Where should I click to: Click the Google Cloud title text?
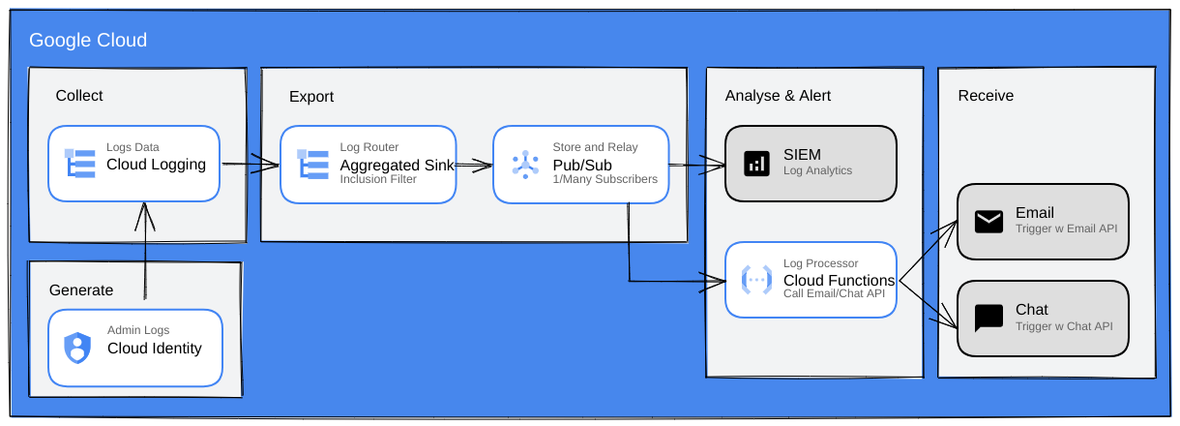click(88, 41)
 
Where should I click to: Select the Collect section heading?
click(79, 96)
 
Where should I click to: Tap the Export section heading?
click(311, 97)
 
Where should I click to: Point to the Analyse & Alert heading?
click(778, 96)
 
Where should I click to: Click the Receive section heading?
click(986, 96)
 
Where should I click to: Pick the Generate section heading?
click(81, 290)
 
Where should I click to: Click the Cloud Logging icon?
click(80, 164)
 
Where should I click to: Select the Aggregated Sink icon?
click(312, 164)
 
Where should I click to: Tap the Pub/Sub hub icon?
click(525, 165)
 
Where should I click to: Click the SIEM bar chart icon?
click(756, 164)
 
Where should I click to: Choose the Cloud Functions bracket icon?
click(756, 280)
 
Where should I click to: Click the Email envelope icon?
click(988, 222)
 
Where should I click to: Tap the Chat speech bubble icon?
click(988, 318)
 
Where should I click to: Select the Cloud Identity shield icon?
click(77, 348)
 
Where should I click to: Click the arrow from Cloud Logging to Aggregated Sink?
click(251, 164)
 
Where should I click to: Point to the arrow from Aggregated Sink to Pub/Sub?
click(474, 165)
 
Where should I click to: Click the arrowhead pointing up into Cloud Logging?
click(145, 216)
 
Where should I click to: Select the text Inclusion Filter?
click(378, 179)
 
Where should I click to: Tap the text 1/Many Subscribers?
click(605, 179)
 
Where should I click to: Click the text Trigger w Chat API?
click(1064, 326)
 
